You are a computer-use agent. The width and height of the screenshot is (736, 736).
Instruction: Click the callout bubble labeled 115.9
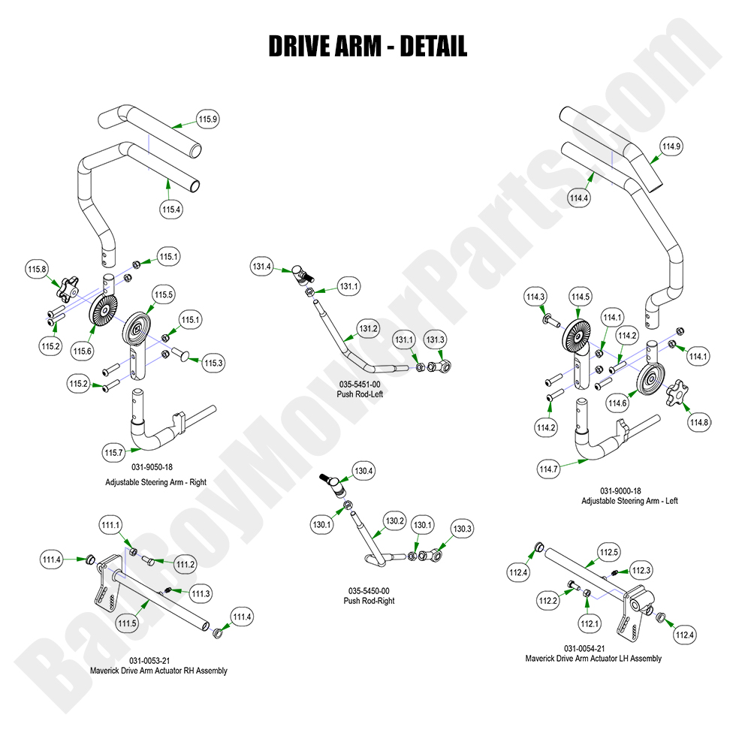[208, 119]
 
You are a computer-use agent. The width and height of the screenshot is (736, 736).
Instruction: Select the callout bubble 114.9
[671, 146]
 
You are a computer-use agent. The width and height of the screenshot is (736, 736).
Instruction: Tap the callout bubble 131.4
[261, 266]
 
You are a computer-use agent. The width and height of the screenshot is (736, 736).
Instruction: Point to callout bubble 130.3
[462, 529]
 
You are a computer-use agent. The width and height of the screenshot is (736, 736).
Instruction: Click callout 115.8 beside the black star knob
[37, 269]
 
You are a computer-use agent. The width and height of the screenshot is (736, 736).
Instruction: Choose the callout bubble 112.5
[608, 553]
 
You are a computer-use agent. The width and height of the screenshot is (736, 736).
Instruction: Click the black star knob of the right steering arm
[71, 286]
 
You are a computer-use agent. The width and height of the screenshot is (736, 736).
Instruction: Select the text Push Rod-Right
[369, 601]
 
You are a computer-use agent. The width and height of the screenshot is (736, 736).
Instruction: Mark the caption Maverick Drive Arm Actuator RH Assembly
[158, 671]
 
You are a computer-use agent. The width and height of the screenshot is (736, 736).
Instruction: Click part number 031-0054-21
[584, 648]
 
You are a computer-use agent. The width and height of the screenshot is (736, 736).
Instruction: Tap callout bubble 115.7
[113, 453]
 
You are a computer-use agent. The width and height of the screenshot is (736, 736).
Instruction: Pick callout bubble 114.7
[548, 470]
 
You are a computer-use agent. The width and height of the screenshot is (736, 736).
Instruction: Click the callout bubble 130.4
[363, 472]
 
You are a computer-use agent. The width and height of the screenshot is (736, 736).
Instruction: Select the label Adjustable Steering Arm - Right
[155, 482]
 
